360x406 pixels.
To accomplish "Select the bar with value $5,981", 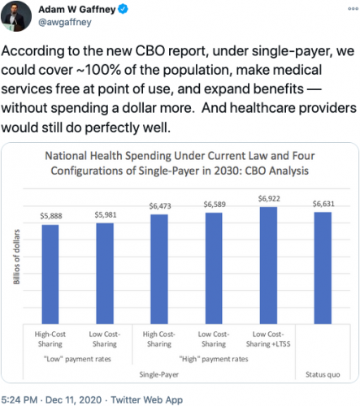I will [x=106, y=268].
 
